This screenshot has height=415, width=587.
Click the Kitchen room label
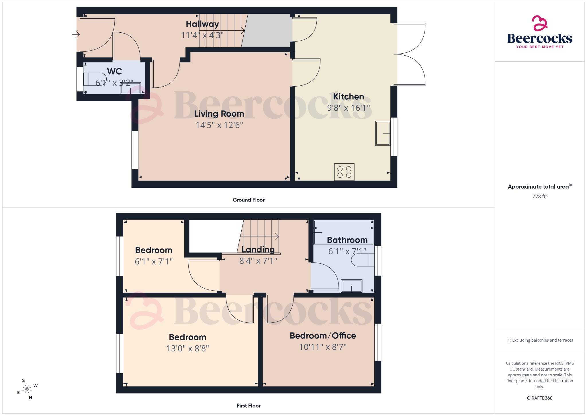point(348,97)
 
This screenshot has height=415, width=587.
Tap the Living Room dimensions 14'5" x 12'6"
point(219,125)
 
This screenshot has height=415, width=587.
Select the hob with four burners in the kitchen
point(344,172)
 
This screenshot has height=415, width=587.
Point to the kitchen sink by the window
point(383,134)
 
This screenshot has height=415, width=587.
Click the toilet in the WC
point(95,79)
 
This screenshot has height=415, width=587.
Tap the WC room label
point(114,71)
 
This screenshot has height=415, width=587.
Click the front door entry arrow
point(76,34)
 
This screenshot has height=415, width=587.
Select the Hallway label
point(202,24)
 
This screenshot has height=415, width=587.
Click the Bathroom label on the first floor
point(347,240)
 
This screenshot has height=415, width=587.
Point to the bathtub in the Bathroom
point(344,232)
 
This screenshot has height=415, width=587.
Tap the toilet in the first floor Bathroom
point(363,260)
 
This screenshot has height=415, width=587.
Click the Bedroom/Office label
point(323,336)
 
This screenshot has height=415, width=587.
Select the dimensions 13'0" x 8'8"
point(188,349)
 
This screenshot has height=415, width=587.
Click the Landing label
point(258,250)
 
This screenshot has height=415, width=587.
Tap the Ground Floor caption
point(249,200)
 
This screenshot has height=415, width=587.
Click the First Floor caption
point(249,406)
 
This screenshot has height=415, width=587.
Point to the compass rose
point(27,389)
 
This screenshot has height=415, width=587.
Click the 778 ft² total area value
point(540,196)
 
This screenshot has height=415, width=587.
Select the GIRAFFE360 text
point(540,398)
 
